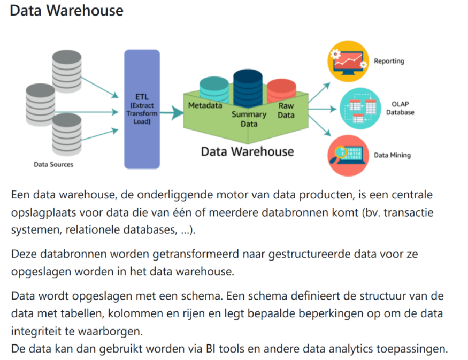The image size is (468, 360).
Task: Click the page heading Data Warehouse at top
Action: pos(66,11)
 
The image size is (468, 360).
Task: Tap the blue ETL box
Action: pos(142,109)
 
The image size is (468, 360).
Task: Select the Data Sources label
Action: pos(53,164)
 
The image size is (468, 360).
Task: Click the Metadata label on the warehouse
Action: pos(205,105)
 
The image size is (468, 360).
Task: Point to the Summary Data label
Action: pos(249,119)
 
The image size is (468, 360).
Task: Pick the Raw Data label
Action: pos(286,110)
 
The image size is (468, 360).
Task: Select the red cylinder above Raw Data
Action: pos(281,89)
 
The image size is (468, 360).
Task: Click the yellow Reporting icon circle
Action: pos(348,62)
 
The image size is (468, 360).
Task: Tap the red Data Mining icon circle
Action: pos(348,155)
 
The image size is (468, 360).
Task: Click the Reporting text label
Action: pos(389,62)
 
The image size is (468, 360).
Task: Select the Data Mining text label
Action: pos(392,155)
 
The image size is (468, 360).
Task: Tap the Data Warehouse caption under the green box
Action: pos(247,151)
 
